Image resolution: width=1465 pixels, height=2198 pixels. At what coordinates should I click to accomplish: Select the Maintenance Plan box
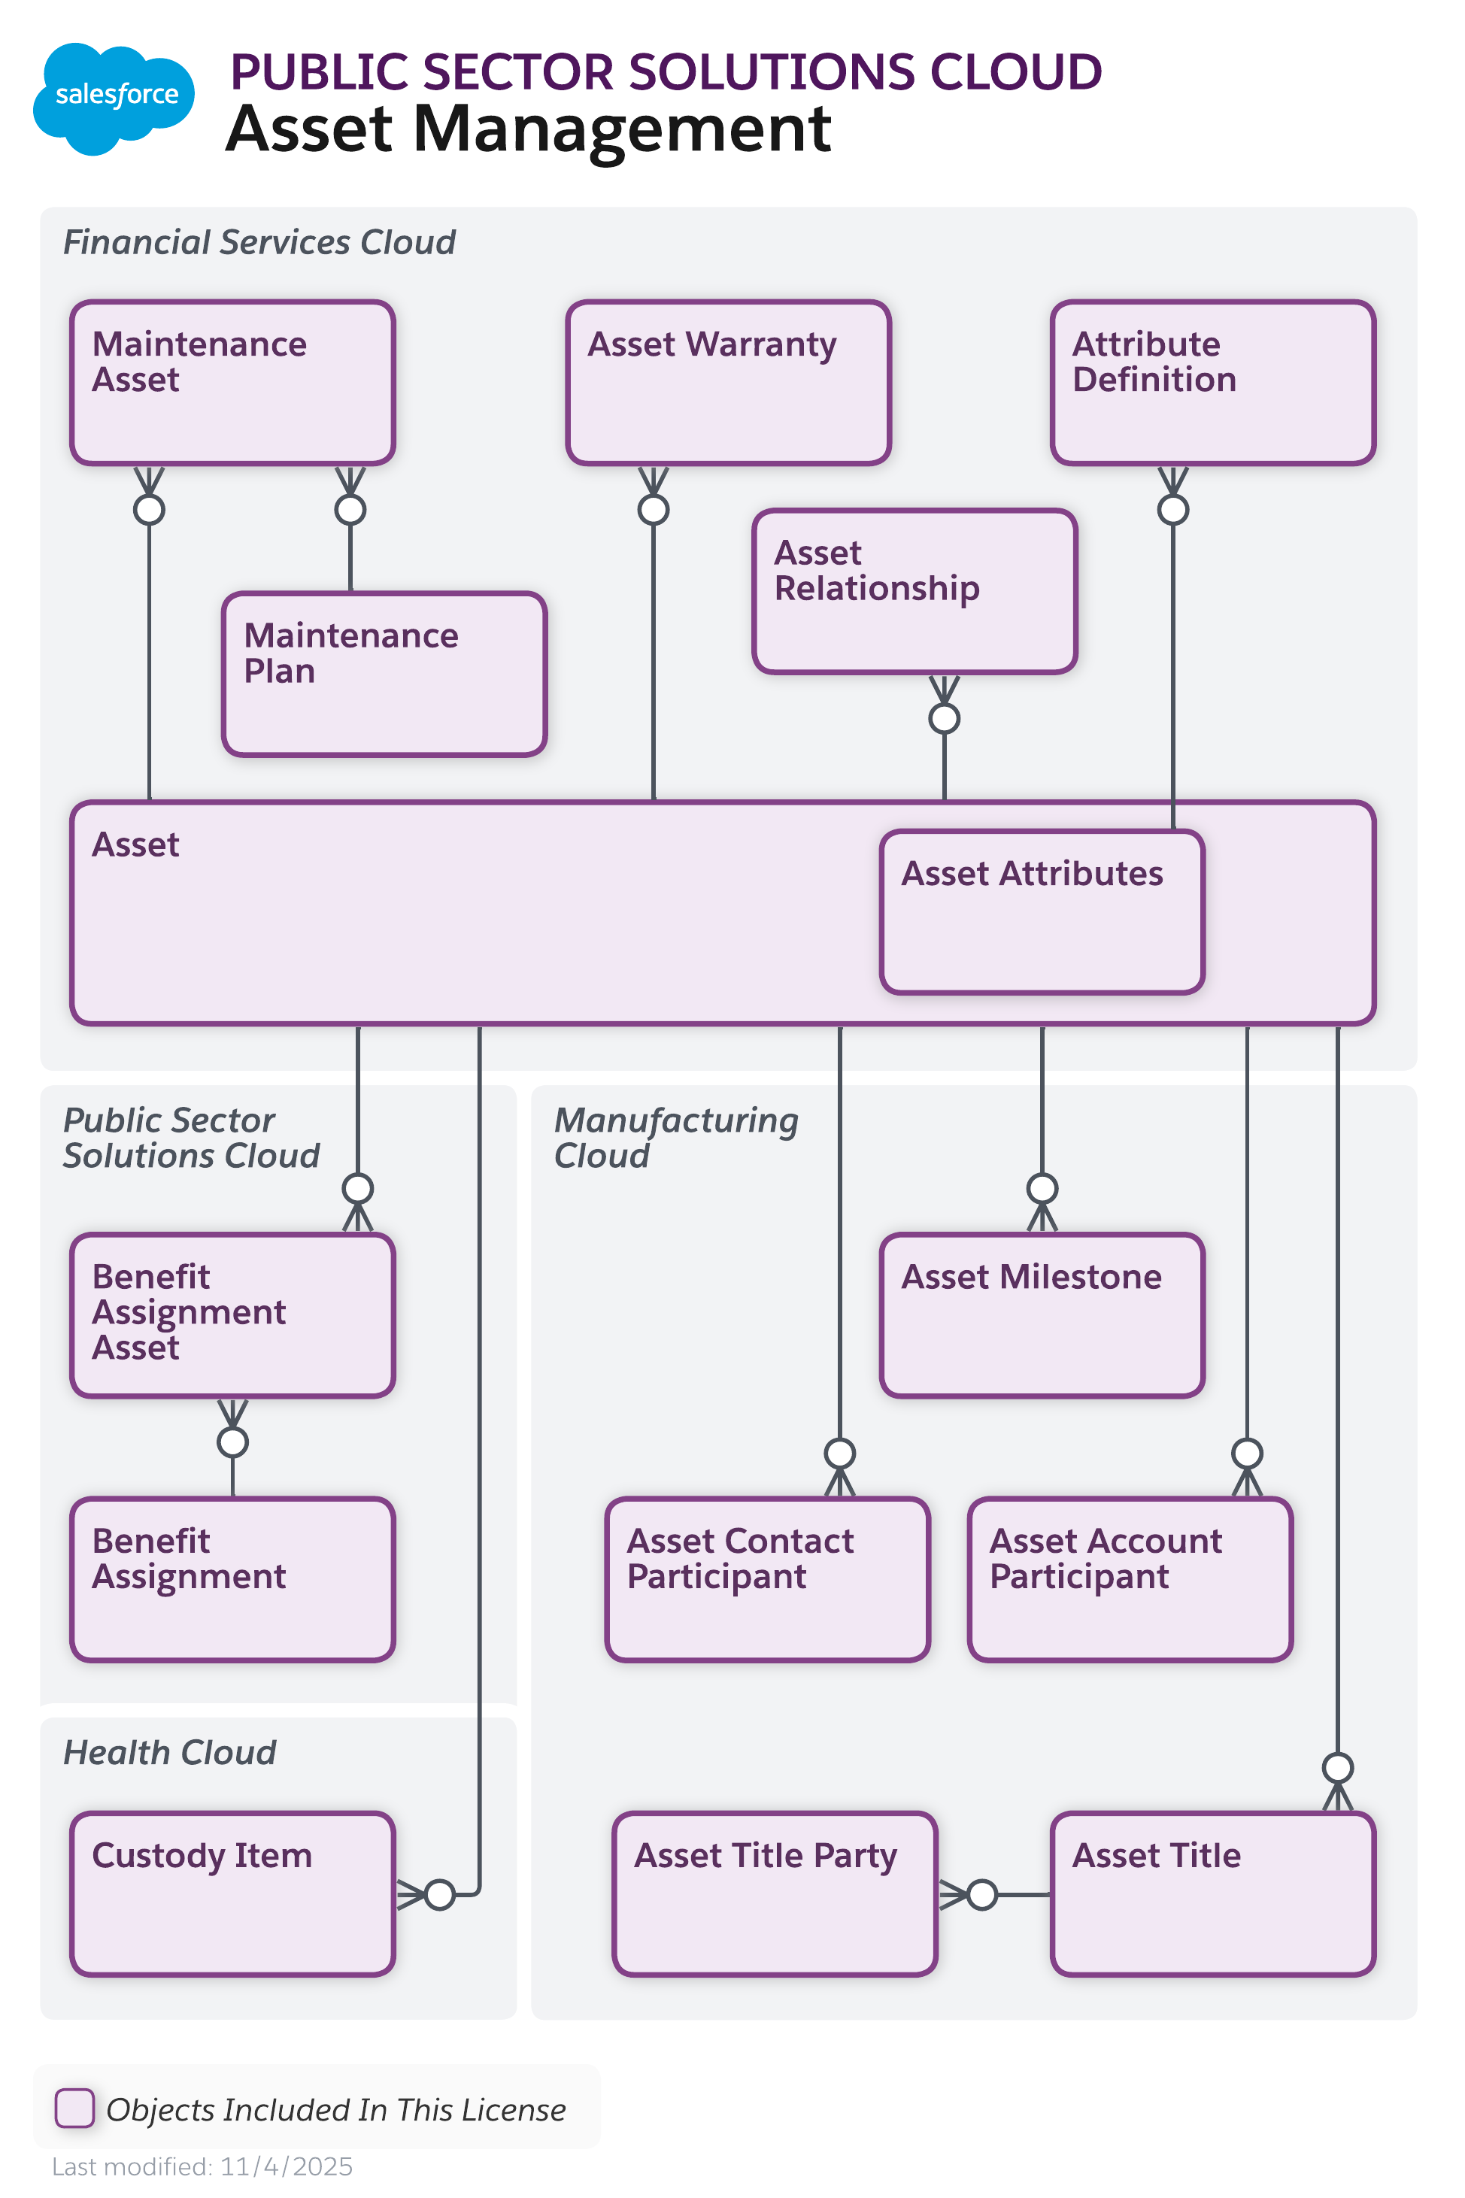(x=384, y=674)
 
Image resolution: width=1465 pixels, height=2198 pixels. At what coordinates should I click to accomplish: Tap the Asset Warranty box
(x=728, y=382)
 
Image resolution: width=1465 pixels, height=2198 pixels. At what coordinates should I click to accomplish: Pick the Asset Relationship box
(x=914, y=591)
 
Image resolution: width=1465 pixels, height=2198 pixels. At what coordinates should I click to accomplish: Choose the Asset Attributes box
(x=1042, y=911)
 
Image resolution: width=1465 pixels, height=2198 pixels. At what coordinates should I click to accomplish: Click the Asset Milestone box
(x=1042, y=1314)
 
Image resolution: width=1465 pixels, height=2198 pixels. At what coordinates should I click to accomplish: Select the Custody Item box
(x=232, y=1893)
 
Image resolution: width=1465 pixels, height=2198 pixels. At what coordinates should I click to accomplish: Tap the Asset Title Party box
(x=775, y=1893)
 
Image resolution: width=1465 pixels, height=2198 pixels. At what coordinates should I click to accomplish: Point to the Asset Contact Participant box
(x=767, y=1578)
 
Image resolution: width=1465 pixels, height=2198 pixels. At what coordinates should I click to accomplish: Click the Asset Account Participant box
(x=1130, y=1578)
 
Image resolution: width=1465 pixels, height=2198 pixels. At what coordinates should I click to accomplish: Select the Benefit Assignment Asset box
(x=232, y=1314)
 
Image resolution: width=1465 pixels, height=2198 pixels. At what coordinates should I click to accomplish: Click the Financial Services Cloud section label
(x=259, y=242)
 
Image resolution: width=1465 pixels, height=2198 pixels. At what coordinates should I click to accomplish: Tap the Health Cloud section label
(x=169, y=1751)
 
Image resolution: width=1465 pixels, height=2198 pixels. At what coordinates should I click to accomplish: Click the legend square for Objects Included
(x=74, y=2108)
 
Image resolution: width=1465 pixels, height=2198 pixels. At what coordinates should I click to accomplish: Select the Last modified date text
(x=202, y=2166)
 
